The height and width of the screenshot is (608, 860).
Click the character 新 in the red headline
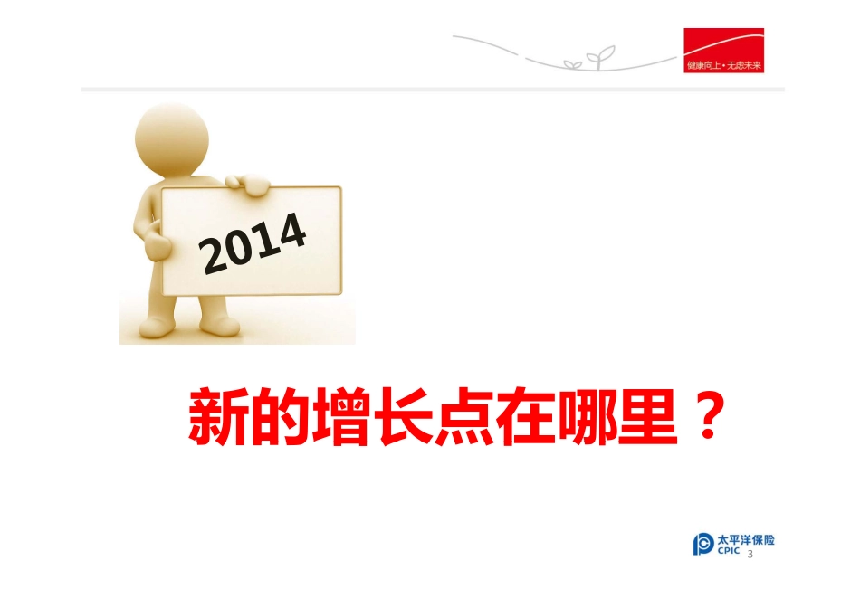coord(218,418)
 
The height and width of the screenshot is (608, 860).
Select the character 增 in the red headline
coord(344,418)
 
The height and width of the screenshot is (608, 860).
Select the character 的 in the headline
coord(282,418)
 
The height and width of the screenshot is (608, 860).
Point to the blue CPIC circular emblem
coord(703,545)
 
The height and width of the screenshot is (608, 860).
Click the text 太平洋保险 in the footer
coord(746,540)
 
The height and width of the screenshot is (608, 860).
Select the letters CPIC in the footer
coord(729,551)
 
